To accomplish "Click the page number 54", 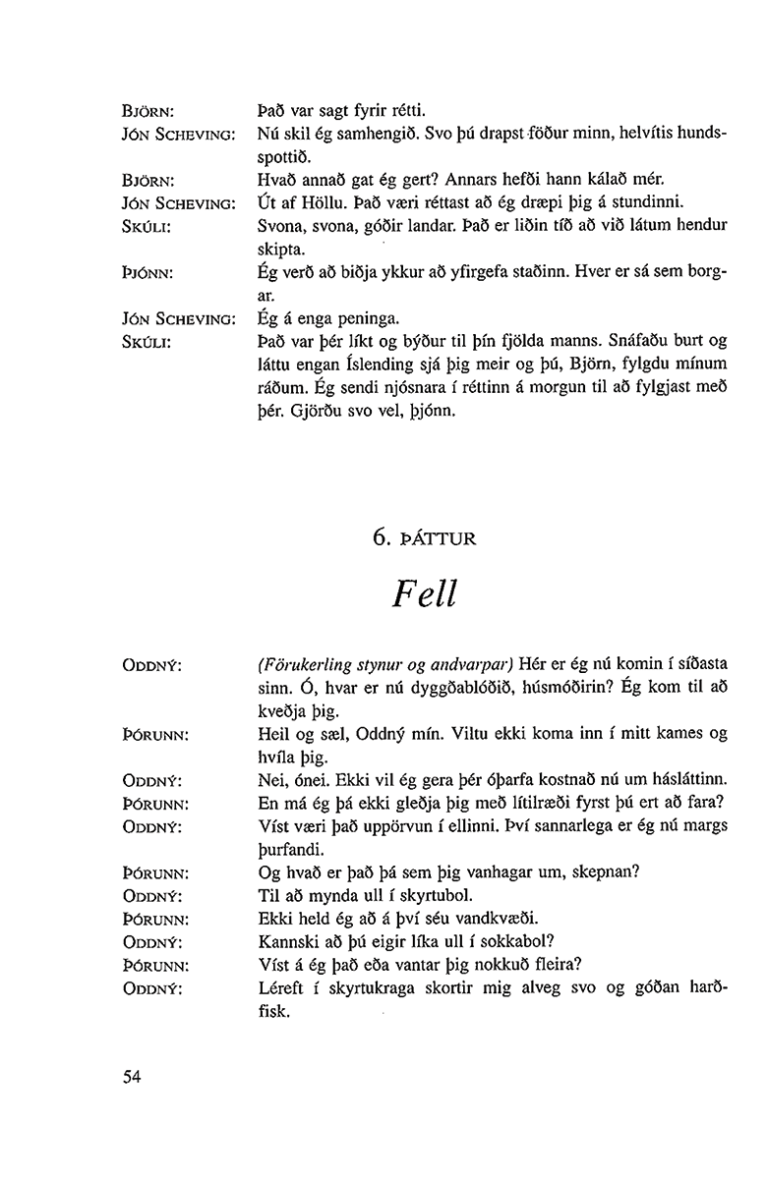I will tap(133, 1077).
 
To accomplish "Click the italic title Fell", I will tap(423, 591).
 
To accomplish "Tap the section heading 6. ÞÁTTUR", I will tap(424, 536).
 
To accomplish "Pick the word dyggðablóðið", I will tap(425, 688).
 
